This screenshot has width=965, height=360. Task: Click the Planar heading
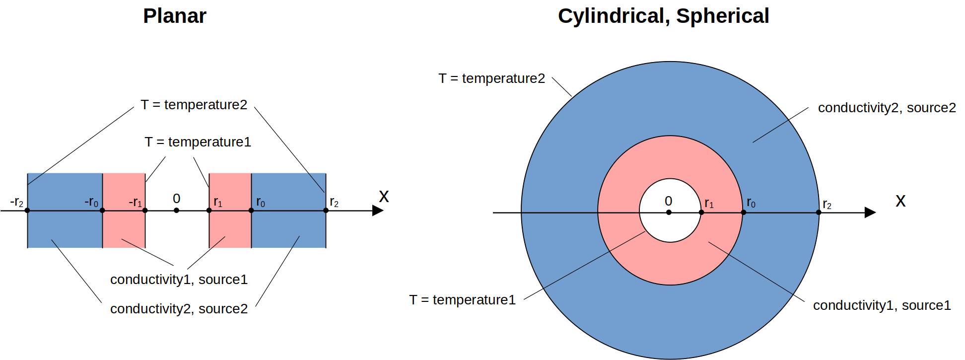point(174,16)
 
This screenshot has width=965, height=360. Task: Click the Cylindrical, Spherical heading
point(663,16)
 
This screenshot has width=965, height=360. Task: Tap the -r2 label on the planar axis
point(16,202)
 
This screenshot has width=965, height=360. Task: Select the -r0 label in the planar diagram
point(91,202)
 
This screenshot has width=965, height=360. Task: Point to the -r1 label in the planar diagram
point(135,202)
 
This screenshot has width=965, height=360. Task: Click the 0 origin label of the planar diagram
point(176,199)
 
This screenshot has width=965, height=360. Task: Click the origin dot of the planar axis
point(176,211)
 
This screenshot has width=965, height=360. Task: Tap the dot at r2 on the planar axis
point(326,211)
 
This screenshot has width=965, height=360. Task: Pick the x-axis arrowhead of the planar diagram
point(378,211)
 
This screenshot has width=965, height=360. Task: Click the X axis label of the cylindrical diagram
point(900,201)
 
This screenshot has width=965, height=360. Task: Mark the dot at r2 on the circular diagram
point(819,213)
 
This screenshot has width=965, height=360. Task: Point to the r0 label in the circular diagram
point(751,203)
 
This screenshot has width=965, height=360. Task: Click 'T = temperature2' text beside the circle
point(491,78)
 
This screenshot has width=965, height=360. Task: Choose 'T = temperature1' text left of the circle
point(462,300)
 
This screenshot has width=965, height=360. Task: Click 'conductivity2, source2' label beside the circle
point(887,108)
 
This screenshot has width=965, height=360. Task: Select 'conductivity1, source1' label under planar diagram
point(179,280)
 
